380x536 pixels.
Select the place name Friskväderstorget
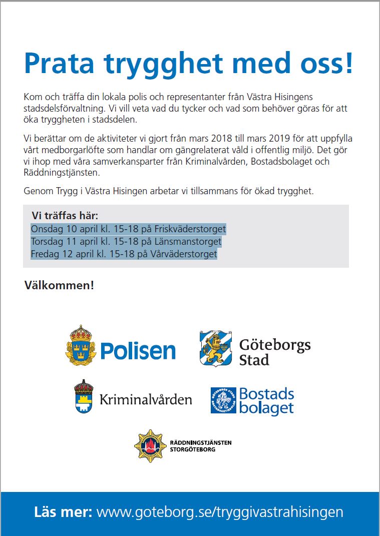(190, 229)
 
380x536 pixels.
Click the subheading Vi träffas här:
(65, 216)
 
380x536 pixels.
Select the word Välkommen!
(59, 286)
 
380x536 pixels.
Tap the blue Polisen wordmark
(138, 351)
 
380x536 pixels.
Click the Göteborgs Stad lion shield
(215, 348)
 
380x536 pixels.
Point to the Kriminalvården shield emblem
(85, 396)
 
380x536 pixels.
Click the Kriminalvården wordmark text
(146, 399)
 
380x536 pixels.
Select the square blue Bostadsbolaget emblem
(223, 400)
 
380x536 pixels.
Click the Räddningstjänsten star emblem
(150, 445)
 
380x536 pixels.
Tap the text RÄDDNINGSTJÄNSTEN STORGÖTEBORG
(201, 446)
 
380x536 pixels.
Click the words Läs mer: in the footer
(63, 512)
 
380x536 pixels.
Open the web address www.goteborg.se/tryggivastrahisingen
(220, 512)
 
